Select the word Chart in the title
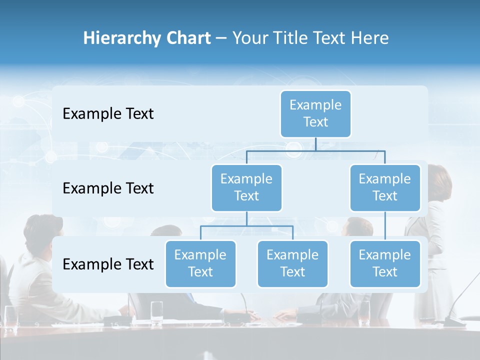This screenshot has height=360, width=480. (x=188, y=38)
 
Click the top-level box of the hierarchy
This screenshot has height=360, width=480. (x=315, y=113)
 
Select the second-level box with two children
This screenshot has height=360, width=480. (x=246, y=187)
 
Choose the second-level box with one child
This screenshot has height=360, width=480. (x=385, y=187)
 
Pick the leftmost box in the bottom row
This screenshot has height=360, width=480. (x=200, y=263)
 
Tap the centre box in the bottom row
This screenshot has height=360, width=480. (x=292, y=263)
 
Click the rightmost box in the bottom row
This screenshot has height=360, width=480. (x=385, y=263)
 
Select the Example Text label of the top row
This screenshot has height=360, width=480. (x=108, y=114)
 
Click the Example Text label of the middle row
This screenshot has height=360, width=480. (x=108, y=188)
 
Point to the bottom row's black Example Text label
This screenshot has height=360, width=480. (x=108, y=264)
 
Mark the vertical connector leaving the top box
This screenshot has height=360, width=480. (x=315, y=144)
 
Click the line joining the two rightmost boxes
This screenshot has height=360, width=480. (x=385, y=226)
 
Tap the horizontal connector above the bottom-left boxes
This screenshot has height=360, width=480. (x=246, y=226)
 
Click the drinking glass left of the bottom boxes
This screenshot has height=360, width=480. (x=156, y=311)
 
